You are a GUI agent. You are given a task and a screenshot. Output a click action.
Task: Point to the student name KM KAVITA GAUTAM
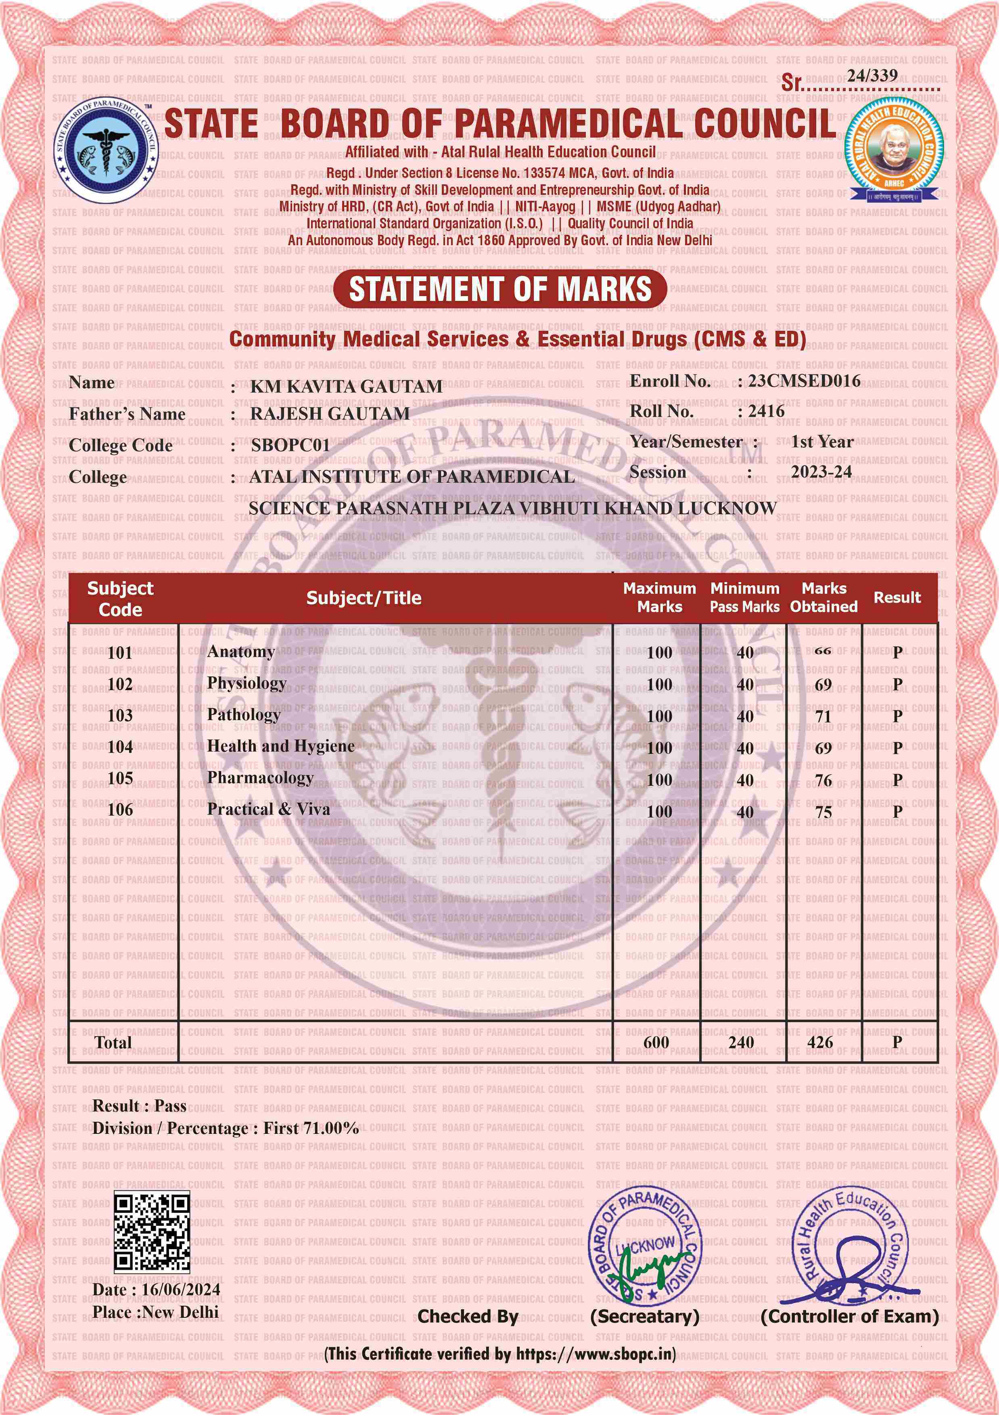346,386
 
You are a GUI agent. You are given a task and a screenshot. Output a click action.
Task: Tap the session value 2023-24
821,472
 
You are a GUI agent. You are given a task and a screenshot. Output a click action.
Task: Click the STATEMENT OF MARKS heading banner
500,289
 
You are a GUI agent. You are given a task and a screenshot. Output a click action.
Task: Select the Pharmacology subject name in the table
260,778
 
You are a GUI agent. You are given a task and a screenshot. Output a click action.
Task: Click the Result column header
897,597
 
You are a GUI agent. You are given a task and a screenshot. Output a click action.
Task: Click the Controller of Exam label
849,1317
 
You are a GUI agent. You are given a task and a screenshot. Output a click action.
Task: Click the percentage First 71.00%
311,1129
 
